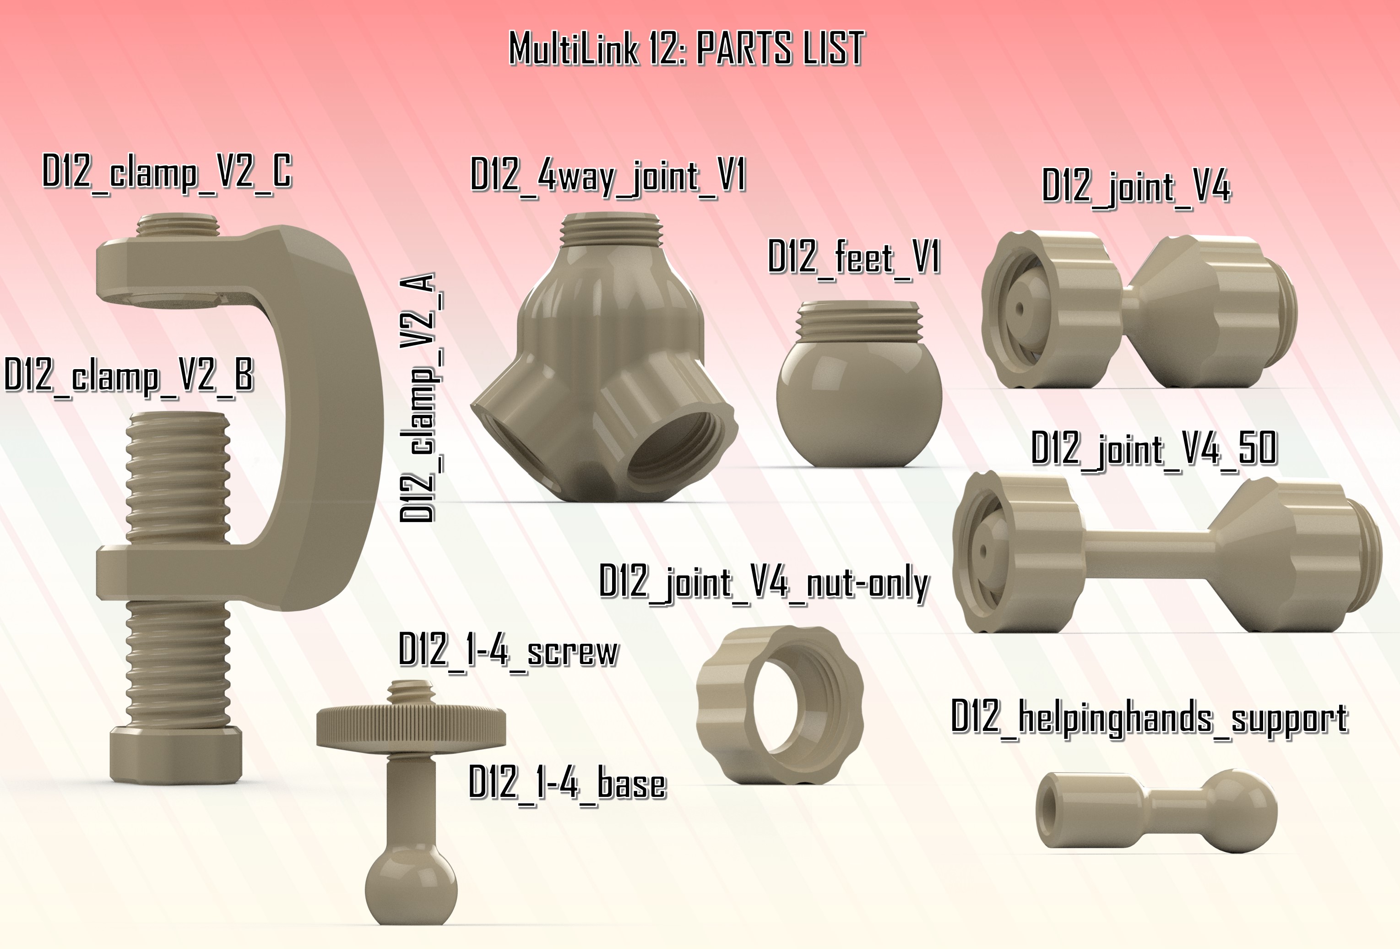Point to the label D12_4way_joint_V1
(x=608, y=176)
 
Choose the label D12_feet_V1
(x=854, y=258)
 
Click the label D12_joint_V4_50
(x=1154, y=449)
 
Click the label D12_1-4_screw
(x=509, y=652)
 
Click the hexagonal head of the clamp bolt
(x=175, y=754)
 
